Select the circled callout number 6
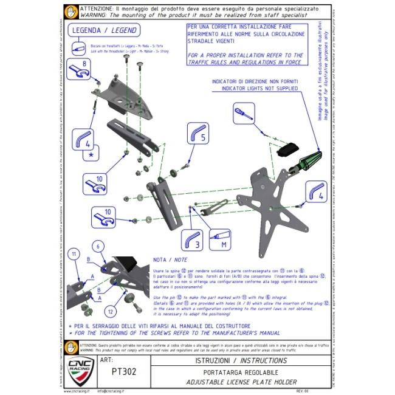click(95, 246)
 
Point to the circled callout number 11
click(73, 253)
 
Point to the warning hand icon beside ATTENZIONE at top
click(70, 12)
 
